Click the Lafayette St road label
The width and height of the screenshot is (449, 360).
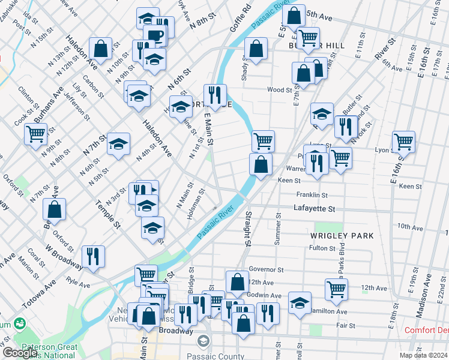pos(314,208)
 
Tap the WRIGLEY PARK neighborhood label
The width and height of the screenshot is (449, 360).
pos(342,235)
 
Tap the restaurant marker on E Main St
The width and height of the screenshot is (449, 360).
pos(214,94)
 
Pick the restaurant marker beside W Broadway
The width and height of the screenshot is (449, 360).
pos(93,256)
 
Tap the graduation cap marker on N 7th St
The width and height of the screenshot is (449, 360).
pos(119,144)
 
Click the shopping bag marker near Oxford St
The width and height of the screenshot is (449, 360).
pos(55,209)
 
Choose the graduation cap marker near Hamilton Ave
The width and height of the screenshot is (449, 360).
pos(300,302)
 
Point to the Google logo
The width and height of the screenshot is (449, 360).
pos(20,353)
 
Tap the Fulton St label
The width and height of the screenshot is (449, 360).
pos(321,248)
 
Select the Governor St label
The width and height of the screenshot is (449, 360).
pos(265,270)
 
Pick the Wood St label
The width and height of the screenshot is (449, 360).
pos(279,90)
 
